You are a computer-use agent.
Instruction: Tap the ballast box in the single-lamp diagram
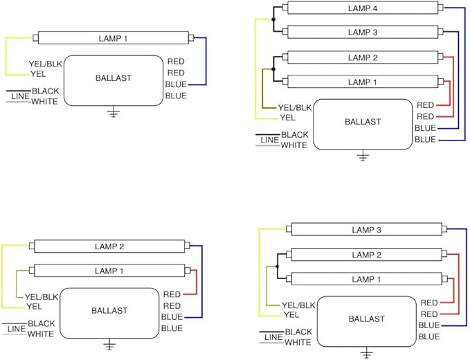113,80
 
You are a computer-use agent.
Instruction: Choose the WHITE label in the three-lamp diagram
298,342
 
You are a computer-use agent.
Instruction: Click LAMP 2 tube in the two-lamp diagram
109,246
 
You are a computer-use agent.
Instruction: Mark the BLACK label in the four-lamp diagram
294,134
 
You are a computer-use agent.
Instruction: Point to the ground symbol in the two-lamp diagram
109,344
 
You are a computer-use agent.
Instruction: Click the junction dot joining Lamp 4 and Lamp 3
274,20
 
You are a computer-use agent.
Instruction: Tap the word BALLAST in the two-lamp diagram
109,311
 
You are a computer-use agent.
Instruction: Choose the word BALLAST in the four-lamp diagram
363,122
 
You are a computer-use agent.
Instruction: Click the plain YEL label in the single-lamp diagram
38,73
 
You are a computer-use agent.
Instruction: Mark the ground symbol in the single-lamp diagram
113,112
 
